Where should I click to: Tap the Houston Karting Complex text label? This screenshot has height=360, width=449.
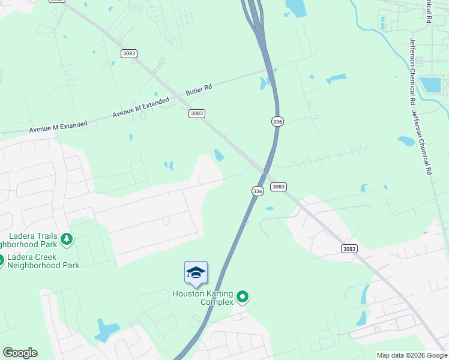[x=203, y=298]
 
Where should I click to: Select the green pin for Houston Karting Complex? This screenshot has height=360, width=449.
[x=243, y=296]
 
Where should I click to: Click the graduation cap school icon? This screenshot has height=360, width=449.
[x=196, y=272]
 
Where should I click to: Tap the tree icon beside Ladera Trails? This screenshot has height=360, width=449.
[x=66, y=240]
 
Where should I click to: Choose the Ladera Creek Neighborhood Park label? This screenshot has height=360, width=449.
[x=42, y=261]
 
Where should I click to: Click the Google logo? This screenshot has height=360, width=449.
[x=20, y=353]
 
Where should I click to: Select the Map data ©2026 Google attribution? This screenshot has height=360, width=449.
[x=412, y=355]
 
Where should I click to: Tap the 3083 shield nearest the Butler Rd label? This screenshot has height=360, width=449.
[x=197, y=113]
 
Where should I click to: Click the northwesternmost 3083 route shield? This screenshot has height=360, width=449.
[x=128, y=53]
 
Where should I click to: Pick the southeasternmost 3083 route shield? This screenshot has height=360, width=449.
[x=349, y=248]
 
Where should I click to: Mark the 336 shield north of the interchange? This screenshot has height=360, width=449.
[x=277, y=121]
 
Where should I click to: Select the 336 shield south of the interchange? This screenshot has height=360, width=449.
[x=257, y=191]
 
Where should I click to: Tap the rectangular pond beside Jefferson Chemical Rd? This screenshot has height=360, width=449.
[x=430, y=85]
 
